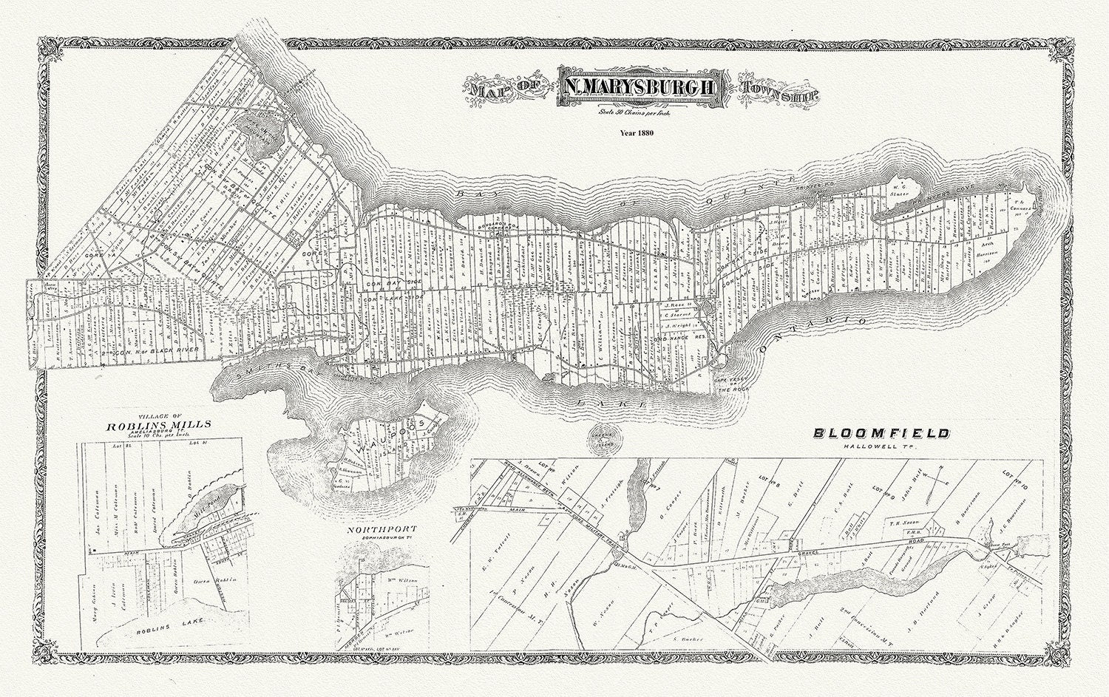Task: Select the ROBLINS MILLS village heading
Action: pos(159,425)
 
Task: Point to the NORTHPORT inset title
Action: pos(376,529)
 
